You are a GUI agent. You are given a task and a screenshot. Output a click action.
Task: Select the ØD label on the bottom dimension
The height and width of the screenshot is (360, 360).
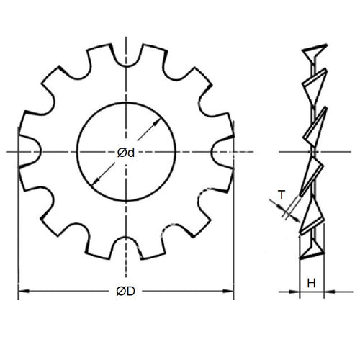126,291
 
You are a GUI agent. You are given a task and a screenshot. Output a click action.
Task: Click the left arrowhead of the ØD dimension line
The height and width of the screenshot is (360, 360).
22,291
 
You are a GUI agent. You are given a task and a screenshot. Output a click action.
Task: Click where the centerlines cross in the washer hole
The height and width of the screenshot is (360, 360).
126,152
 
